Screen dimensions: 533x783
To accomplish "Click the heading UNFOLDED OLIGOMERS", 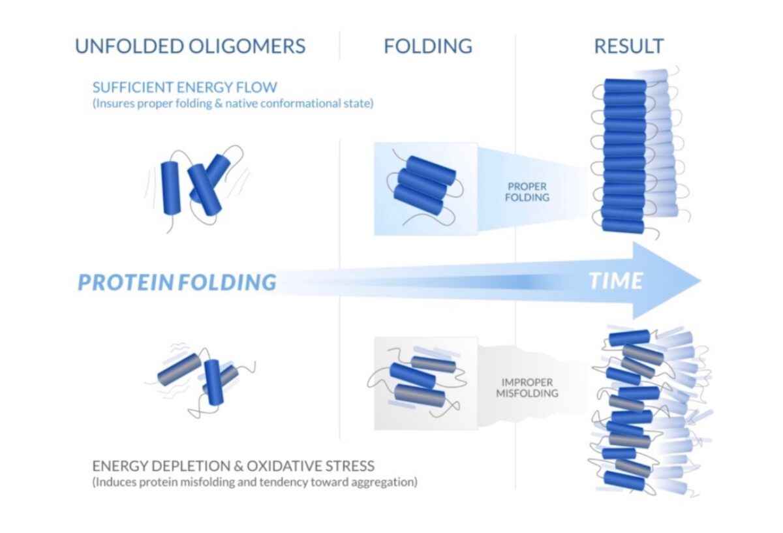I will (190, 46).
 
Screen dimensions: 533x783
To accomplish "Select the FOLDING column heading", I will (427, 46).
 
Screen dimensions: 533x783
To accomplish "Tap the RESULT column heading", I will (628, 46).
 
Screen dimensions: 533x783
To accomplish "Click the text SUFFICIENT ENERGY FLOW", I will (185, 87).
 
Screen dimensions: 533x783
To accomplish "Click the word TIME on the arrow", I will (615, 281).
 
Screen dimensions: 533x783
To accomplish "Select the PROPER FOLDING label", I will (527, 191).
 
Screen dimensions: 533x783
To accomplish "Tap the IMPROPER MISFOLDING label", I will (527, 388).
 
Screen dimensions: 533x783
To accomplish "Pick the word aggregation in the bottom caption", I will (388, 483).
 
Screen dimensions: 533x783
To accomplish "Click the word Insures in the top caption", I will (114, 103).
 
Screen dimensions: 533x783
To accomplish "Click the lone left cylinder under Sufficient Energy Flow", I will (171, 188).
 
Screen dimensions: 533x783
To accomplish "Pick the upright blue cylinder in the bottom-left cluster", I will (213, 382).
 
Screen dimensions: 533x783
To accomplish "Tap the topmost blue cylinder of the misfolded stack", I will (629, 338).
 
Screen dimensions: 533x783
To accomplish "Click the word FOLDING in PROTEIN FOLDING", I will (226, 282).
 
